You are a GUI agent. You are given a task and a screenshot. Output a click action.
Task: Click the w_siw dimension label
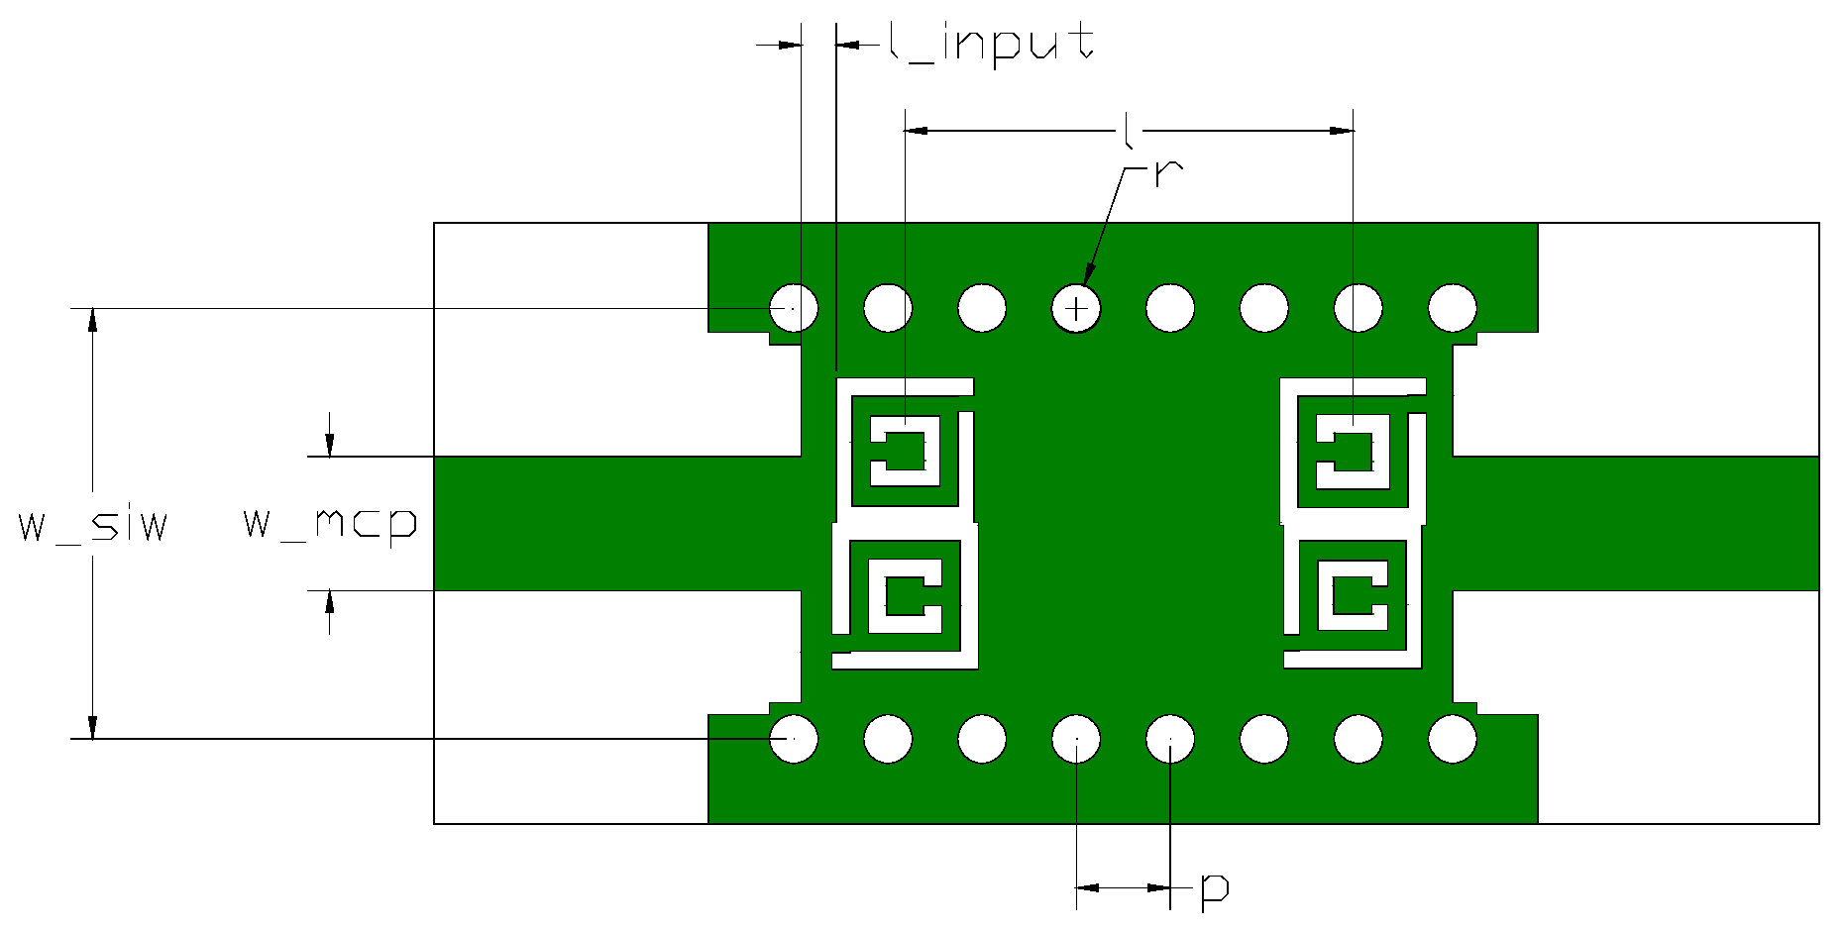(x=93, y=524)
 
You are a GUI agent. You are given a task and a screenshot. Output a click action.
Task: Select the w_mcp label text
(x=330, y=522)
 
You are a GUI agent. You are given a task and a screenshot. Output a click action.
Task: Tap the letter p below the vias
(x=1214, y=888)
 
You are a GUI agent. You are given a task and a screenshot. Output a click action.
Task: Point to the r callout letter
(x=1168, y=173)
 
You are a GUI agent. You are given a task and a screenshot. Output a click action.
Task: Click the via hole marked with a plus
(x=1076, y=308)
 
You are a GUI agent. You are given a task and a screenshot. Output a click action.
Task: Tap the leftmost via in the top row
(x=794, y=307)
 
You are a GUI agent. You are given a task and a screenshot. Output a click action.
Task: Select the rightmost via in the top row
(x=1453, y=307)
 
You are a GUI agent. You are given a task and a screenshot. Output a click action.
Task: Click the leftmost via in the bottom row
(x=794, y=738)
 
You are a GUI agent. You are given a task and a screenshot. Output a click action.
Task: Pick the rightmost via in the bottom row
(x=1453, y=738)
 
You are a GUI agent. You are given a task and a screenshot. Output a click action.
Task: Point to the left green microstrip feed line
(x=614, y=523)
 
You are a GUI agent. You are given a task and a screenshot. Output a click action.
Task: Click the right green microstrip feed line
(x=1635, y=523)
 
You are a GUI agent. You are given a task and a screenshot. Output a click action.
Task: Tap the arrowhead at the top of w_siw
(x=93, y=319)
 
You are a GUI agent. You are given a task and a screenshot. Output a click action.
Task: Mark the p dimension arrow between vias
(x=1123, y=887)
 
